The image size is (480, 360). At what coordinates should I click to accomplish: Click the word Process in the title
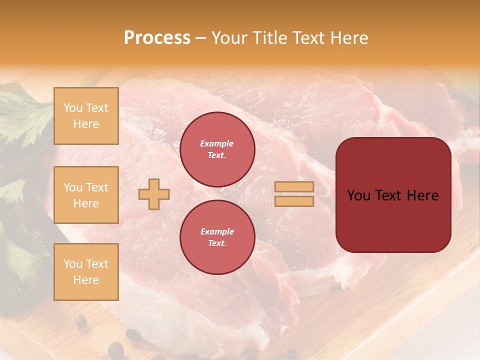[157, 38]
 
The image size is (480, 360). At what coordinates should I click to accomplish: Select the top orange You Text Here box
[86, 116]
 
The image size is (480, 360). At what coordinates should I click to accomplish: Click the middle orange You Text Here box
[86, 195]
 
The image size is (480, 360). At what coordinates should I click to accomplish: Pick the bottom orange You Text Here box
[86, 272]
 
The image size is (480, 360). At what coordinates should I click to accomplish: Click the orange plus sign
[154, 194]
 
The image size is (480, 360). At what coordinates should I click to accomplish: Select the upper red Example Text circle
[217, 149]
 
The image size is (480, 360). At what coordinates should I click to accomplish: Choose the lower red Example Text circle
[217, 237]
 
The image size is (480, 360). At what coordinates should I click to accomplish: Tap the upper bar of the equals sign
[294, 187]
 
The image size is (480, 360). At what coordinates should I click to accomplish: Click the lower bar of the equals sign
[294, 201]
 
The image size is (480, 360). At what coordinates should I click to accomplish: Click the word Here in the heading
[350, 38]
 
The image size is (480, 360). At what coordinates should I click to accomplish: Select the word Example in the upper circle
[217, 144]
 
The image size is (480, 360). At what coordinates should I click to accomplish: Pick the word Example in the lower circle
[217, 232]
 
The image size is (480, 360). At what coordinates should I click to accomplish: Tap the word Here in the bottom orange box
[86, 280]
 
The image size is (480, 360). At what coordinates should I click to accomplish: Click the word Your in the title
[229, 38]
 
